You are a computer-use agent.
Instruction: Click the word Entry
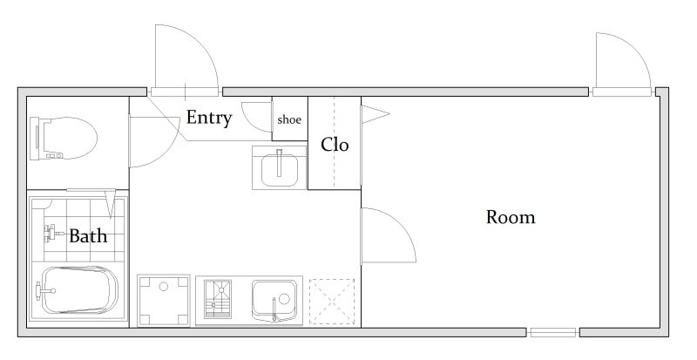click(x=209, y=118)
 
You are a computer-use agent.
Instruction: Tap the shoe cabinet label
click(x=289, y=119)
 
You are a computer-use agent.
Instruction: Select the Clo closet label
click(x=335, y=145)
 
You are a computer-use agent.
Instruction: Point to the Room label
click(x=511, y=217)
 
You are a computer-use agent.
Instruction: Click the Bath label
click(x=88, y=236)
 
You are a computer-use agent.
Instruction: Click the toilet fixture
click(x=63, y=138)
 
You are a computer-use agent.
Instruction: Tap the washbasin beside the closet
click(x=279, y=167)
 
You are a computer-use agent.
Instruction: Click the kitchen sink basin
click(x=274, y=301)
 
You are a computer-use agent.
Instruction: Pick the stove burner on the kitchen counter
click(x=217, y=300)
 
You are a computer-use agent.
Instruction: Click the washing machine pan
click(x=164, y=301)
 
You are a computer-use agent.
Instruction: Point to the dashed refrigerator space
click(x=332, y=302)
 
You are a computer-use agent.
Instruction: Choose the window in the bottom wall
click(x=553, y=332)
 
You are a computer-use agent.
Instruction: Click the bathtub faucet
click(x=44, y=291)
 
